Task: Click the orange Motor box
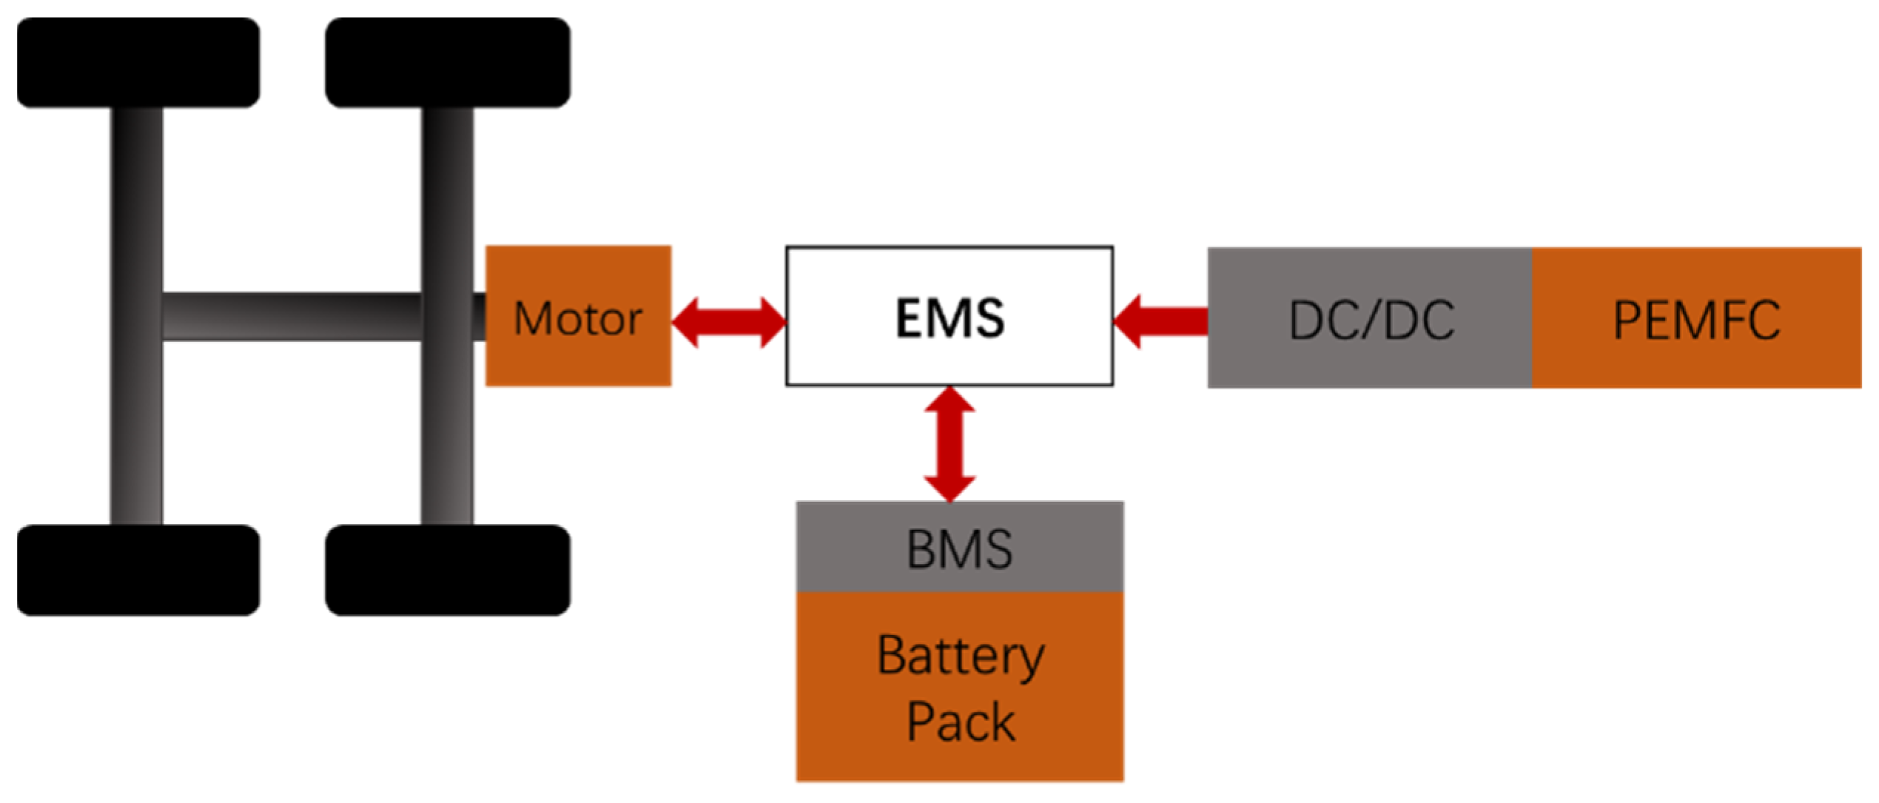(578, 317)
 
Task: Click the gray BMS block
(960, 548)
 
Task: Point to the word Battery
(960, 656)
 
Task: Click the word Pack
(960, 722)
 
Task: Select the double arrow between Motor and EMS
(729, 322)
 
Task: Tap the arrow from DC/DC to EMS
(1162, 321)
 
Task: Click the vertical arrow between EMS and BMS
(949, 444)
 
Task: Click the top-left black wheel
(138, 63)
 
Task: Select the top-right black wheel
(448, 63)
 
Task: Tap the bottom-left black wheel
(138, 570)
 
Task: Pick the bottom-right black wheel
(448, 570)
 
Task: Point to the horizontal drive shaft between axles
(292, 317)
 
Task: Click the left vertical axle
(136, 414)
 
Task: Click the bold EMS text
(949, 318)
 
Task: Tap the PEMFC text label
(1696, 320)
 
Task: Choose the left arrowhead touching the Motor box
(685, 322)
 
